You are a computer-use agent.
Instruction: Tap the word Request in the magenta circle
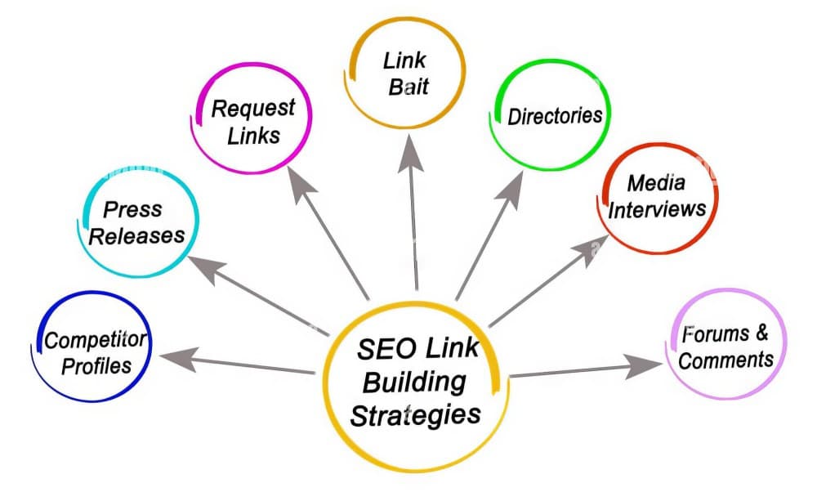pyautogui.click(x=252, y=107)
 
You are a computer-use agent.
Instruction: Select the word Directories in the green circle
pyautogui.click(x=555, y=115)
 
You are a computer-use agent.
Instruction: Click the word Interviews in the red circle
pyautogui.click(x=658, y=208)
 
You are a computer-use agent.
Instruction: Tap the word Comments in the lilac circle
pyautogui.click(x=725, y=360)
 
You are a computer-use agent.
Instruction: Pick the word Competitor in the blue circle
pyautogui.click(x=96, y=340)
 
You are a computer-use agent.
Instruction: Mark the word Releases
pyautogui.click(x=136, y=236)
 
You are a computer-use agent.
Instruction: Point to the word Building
pyautogui.click(x=414, y=382)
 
